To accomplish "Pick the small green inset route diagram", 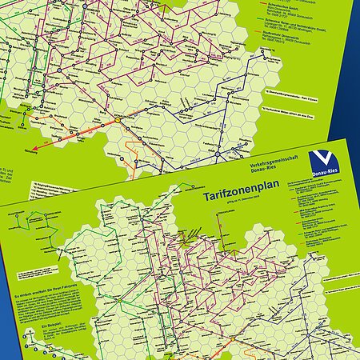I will (x=40, y=232).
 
